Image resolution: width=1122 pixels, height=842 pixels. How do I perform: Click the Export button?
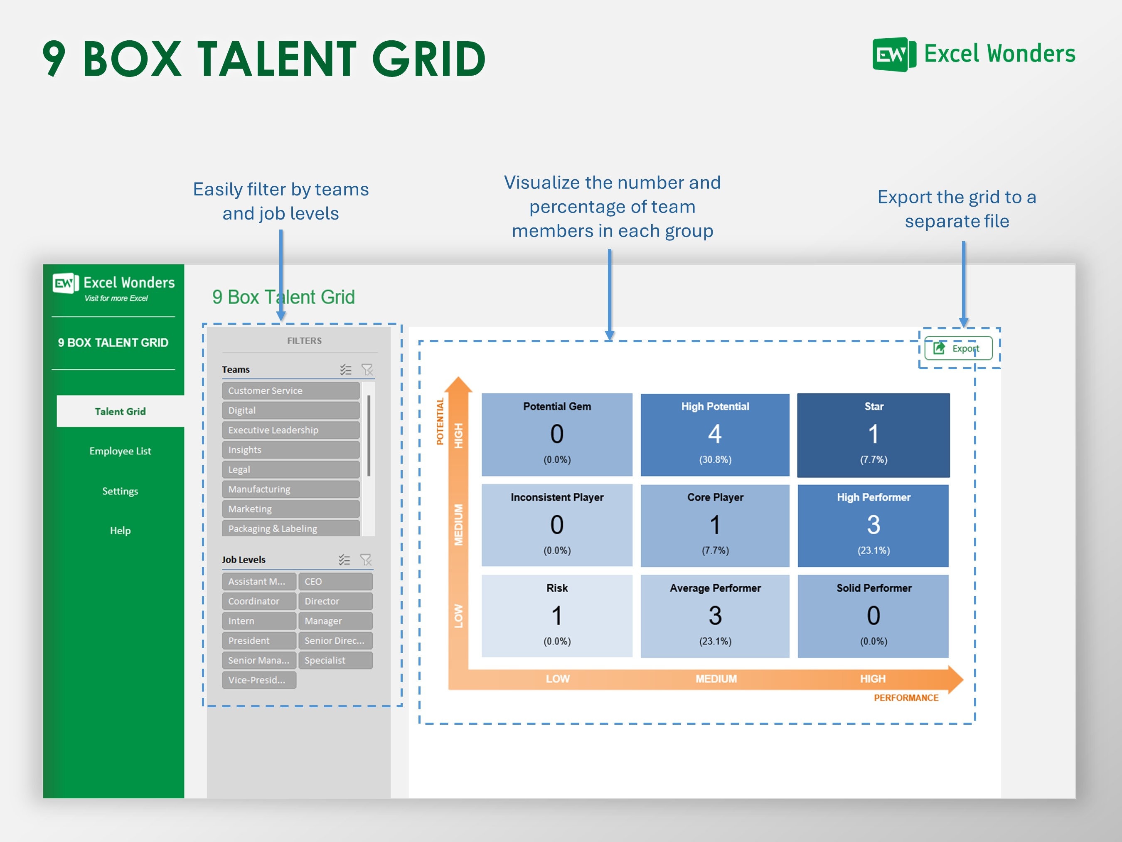pos(958,348)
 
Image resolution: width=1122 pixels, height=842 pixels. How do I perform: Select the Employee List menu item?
pos(120,451)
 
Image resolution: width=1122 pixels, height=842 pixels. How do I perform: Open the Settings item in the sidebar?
pos(120,491)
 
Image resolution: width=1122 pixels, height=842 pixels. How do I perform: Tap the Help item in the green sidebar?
pos(120,531)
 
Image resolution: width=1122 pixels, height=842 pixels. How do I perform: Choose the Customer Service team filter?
pos(290,390)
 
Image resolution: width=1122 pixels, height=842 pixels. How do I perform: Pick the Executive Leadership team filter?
pos(290,430)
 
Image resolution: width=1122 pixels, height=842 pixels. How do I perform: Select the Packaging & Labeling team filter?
pos(290,528)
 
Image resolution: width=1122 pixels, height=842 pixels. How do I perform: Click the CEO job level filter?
pos(335,581)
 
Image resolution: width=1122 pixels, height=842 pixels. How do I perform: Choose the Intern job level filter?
pos(259,621)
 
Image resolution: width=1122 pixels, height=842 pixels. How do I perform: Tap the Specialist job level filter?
pos(335,660)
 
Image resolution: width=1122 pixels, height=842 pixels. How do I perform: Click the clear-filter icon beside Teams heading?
pos(367,370)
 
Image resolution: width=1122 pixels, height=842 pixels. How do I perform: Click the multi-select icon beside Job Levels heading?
pos(344,560)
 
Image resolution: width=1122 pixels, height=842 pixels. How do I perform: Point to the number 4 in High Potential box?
pos(715,434)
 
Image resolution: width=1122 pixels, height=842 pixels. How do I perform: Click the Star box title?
pos(873,406)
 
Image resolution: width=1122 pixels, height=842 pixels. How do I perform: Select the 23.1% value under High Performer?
pos(873,550)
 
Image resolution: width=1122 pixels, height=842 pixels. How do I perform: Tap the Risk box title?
pos(557,588)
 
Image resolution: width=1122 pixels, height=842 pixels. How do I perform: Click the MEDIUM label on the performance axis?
pos(716,679)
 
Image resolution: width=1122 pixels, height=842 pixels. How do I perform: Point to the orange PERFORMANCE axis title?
pos(905,698)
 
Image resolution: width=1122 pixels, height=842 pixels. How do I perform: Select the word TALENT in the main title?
pos(276,59)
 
